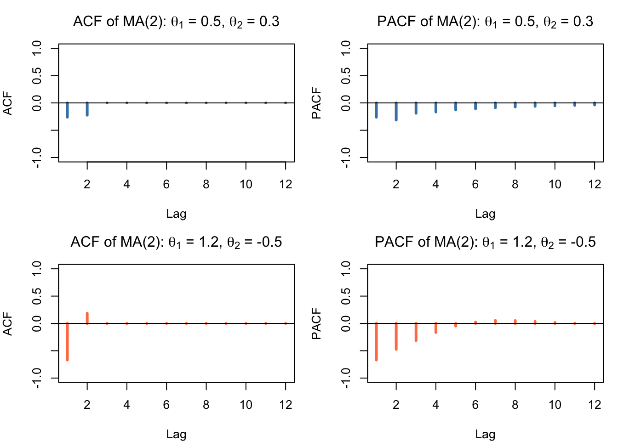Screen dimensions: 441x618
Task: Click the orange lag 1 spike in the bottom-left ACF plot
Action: [67, 341]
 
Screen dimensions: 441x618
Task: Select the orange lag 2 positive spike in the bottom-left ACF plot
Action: [87, 318]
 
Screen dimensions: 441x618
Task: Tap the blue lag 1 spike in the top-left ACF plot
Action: [67, 110]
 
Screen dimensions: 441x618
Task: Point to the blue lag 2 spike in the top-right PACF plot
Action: [396, 112]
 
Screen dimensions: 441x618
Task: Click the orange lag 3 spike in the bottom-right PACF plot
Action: [416, 332]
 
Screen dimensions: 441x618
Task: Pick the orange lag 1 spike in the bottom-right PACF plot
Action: [376, 341]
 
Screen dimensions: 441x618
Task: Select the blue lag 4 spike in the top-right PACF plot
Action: [435, 107]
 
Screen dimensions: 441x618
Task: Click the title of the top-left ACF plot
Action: [176, 22]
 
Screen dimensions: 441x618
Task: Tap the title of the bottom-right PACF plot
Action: [485, 242]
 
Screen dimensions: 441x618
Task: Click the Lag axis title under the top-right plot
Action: [485, 214]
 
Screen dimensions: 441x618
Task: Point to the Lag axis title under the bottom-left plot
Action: [176, 434]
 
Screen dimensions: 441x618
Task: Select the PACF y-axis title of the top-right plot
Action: [316, 103]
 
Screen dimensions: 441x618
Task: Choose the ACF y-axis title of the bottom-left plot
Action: [7, 324]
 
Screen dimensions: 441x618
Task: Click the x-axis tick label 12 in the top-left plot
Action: [286, 184]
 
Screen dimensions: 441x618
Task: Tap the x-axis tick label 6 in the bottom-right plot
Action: [475, 405]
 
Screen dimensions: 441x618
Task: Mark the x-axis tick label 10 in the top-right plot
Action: [555, 184]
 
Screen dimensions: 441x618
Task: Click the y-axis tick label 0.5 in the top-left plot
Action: [37, 75]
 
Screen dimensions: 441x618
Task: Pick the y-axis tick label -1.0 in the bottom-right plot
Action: [346, 378]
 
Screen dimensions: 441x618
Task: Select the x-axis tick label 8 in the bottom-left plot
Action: [206, 405]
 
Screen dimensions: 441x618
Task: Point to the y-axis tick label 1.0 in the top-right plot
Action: [346, 48]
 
